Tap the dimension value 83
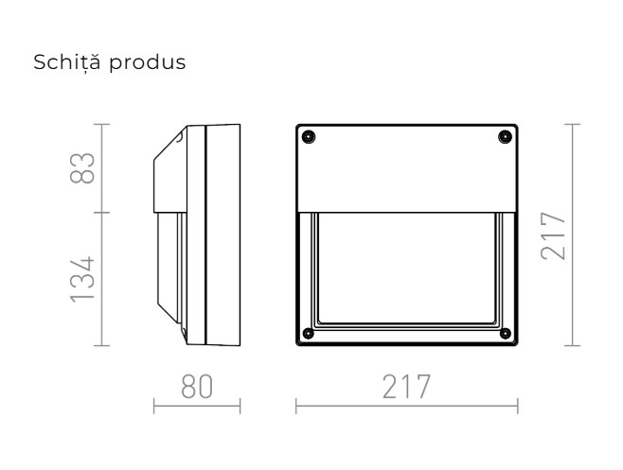pyautogui.click(x=85, y=168)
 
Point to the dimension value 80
pyautogui.click(x=196, y=387)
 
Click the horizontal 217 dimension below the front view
pyautogui.click(x=406, y=387)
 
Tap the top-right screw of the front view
pyautogui.click(x=502, y=139)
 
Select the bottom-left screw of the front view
pyautogui.click(x=309, y=332)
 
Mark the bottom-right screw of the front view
pyautogui.click(x=504, y=332)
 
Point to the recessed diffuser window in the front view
pyautogui.click(x=406, y=270)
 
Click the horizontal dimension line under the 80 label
pyautogui.click(x=196, y=409)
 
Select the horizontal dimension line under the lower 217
pyautogui.click(x=406, y=409)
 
